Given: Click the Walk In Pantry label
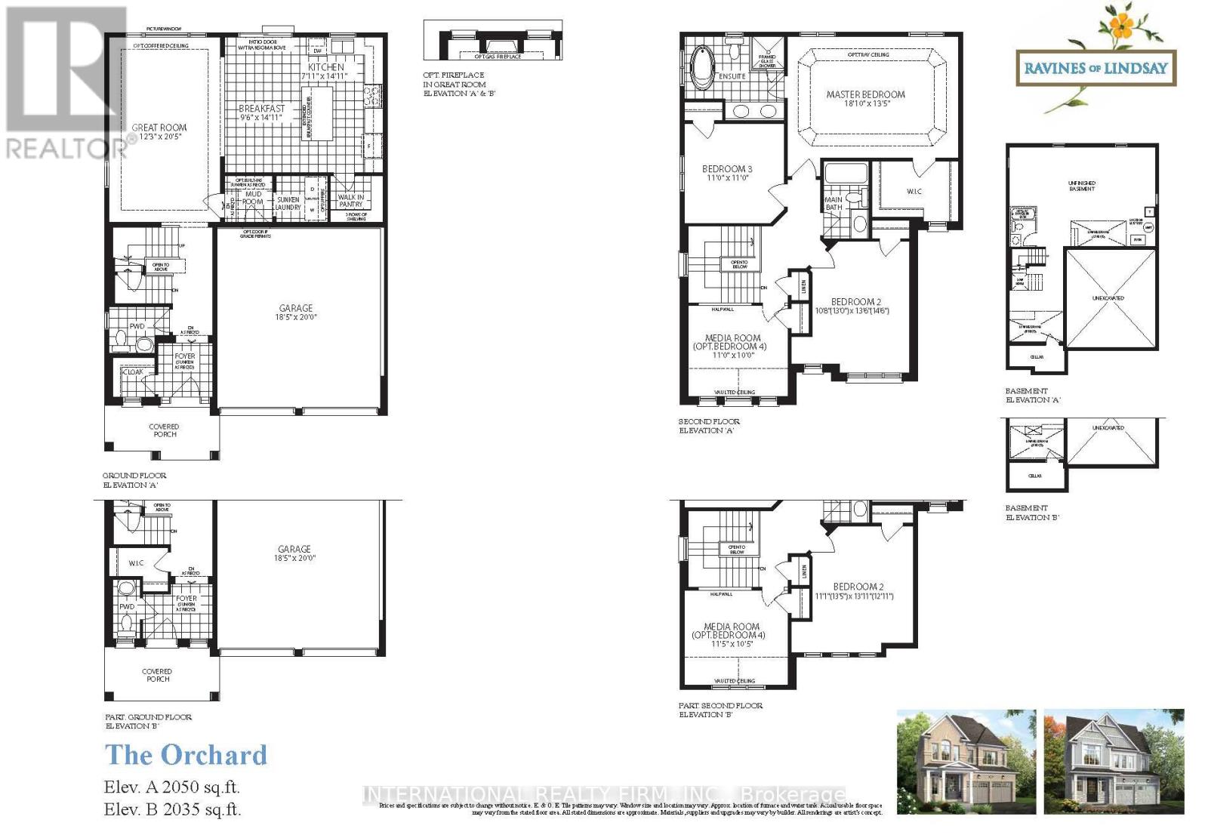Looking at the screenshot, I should point(351,201).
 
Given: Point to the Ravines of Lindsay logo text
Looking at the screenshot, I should point(1096,69).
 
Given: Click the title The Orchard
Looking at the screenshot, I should point(186,755).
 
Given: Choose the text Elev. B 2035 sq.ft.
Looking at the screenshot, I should point(173,810).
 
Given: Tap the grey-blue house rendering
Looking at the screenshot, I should point(1114,763).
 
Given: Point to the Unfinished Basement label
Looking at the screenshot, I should point(1082,186).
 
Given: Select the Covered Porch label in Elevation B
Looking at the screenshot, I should point(158,675).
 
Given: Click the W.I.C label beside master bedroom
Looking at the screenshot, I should point(914,192).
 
